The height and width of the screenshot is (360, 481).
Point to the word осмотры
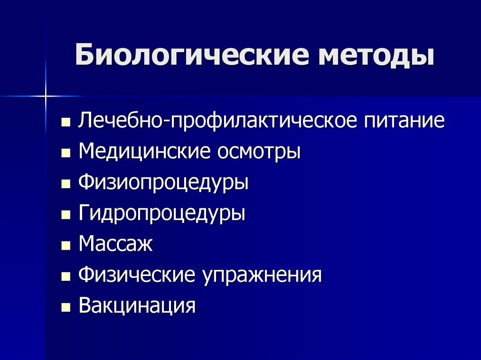coord(258,152)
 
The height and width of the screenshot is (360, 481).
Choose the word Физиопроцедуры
coord(163,183)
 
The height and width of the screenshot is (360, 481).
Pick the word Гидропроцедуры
coord(162,214)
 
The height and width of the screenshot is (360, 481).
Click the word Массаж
coord(116,244)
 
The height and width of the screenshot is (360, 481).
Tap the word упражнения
coord(262,275)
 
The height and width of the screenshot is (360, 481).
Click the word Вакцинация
coord(137,306)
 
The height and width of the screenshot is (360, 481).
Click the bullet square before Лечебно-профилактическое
coord(66,123)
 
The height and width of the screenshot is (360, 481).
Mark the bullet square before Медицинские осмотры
coord(66,154)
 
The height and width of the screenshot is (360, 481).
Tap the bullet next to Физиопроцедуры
coord(66,184)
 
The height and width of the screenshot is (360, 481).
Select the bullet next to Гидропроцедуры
coord(66,215)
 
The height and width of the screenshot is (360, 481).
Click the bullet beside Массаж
coord(66,246)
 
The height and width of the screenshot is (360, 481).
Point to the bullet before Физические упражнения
coord(66,277)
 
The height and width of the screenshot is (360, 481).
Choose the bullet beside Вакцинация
coord(66,308)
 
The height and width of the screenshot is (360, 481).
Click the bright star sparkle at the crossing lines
coord(46,96)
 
